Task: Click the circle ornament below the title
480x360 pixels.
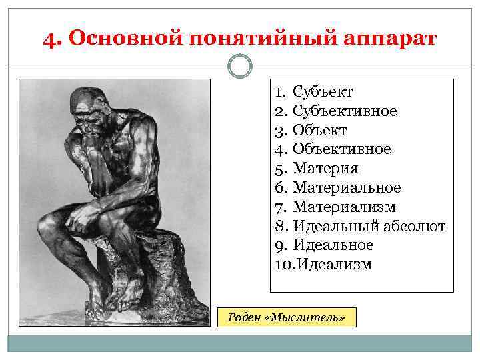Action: coord(240,67)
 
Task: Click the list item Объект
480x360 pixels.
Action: coord(319,130)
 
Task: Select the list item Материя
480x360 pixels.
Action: coord(325,169)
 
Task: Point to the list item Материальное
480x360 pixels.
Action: coord(347,188)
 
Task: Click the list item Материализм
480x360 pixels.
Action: coord(344,207)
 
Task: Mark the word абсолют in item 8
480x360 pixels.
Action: coord(414,226)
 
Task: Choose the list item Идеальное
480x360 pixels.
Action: coord(333,245)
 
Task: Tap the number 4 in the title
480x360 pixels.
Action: coord(49,38)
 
